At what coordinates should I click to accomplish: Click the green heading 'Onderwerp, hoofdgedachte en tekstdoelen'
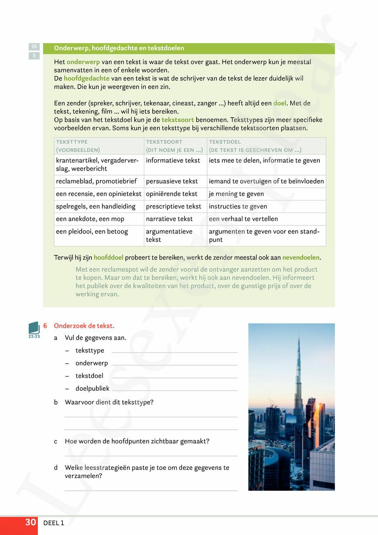119,48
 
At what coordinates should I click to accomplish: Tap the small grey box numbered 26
34,47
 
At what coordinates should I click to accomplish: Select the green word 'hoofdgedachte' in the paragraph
87,78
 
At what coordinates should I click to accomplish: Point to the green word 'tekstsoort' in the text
178,120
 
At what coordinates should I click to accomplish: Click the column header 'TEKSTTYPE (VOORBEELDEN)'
78,146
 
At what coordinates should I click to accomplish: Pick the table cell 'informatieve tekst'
173,160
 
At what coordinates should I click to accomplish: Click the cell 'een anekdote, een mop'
90,219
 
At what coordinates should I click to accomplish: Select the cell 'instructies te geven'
238,206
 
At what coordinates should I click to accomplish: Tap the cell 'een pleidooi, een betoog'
92,231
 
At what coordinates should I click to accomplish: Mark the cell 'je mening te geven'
236,194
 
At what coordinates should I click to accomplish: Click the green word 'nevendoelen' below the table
301,257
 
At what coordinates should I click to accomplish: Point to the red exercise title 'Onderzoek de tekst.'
84,326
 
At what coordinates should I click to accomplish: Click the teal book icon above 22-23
34,328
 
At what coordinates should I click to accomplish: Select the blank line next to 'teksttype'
175,351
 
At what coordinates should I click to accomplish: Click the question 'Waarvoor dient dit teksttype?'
109,402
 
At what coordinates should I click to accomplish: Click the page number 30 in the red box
30,523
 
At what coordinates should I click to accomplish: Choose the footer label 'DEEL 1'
54,523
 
